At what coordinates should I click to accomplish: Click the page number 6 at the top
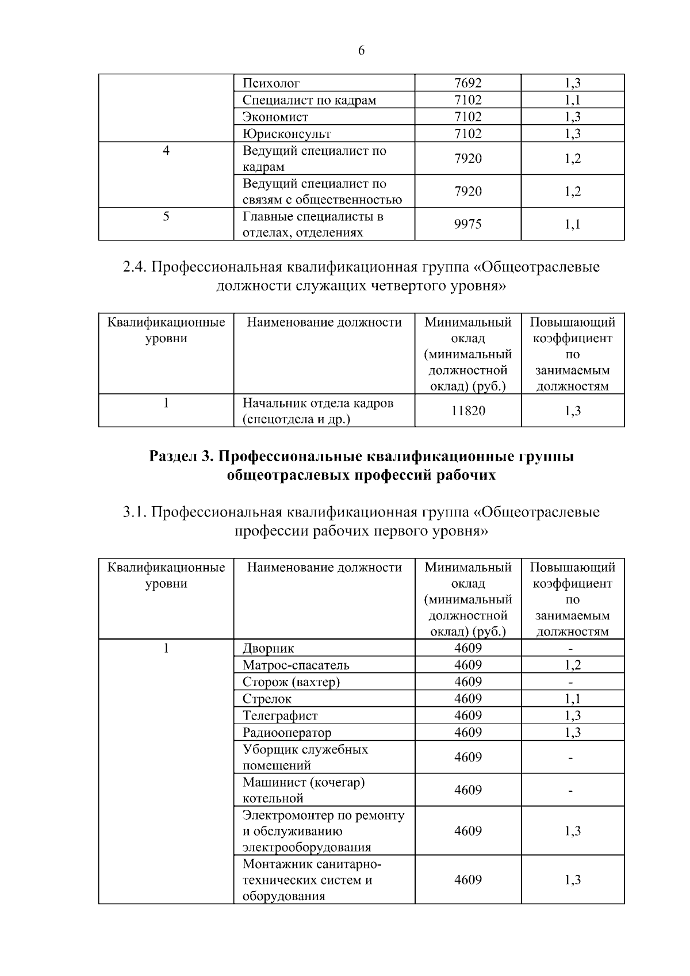(361, 51)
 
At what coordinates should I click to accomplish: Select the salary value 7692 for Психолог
(467, 83)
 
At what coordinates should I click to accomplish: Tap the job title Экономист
(275, 117)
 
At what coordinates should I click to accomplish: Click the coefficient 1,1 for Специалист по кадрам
(572, 100)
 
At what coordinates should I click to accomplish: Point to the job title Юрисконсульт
(286, 134)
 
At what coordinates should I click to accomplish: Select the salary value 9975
(467, 224)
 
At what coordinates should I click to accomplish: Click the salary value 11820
(467, 411)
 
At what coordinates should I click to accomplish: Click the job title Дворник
(268, 648)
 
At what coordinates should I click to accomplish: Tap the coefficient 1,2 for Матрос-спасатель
(572, 665)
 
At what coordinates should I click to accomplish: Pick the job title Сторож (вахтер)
(291, 682)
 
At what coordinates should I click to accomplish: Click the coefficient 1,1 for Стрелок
(572, 699)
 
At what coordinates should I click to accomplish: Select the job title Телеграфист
(280, 715)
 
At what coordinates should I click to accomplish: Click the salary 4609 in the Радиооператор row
(467, 732)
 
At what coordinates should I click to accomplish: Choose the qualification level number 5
(166, 216)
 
